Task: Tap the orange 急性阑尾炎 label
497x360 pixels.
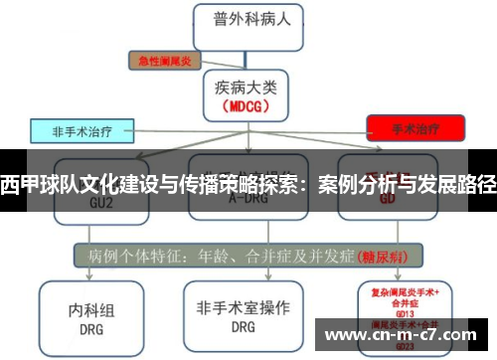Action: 165,61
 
